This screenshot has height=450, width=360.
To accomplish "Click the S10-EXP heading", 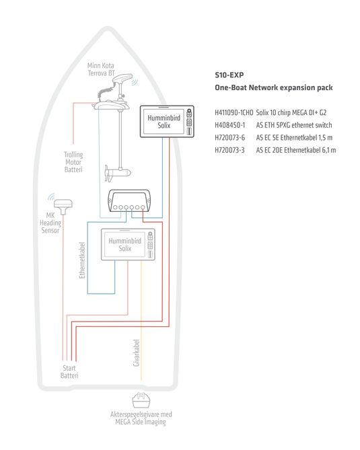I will pos(229,75).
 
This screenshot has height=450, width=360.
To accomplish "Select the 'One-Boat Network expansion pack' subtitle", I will pos(273,88).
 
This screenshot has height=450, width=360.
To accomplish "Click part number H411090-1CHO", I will pos(233,112).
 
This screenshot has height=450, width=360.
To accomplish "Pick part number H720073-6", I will pos(229,137).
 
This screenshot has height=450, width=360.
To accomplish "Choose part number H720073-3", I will pos(229,149).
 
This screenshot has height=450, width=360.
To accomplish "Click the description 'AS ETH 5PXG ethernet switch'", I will pos(293,125).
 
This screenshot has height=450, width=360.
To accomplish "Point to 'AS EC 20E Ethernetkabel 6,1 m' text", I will pos(295,149).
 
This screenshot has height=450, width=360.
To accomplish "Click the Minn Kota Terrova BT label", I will pos(100,69).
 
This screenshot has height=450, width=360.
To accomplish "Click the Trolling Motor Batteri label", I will pos(73,162).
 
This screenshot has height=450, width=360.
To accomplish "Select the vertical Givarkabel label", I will pos(137,352).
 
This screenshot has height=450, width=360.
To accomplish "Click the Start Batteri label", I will pos(69,372).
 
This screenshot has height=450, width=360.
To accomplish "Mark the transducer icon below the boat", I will pos(141,401).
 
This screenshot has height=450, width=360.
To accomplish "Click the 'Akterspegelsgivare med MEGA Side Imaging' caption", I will pos(141,418).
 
